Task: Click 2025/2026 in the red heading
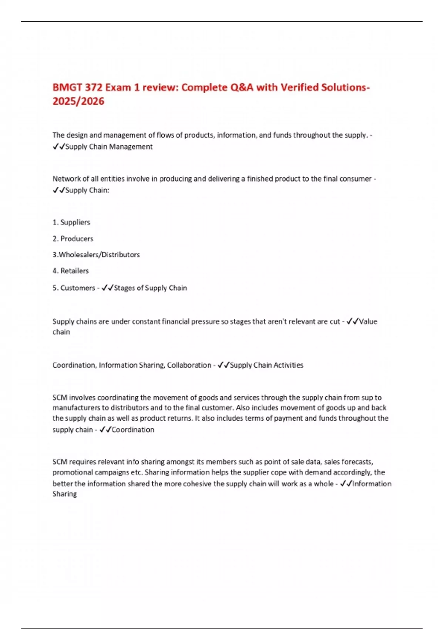pos(78,101)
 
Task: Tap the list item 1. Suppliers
pos(71,222)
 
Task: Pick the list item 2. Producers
pos(73,239)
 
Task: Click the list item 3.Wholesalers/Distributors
pos(96,255)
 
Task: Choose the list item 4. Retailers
pos(71,271)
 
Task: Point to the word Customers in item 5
pos(78,288)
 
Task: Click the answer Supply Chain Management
pos(109,147)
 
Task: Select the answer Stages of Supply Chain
pos(150,288)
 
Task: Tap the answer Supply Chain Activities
pos(266,365)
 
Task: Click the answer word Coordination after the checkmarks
pos(133,430)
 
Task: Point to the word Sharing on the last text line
pos(65,494)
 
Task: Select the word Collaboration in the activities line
pos(189,365)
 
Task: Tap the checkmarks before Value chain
pos(352,322)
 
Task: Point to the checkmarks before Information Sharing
pos(346,484)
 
